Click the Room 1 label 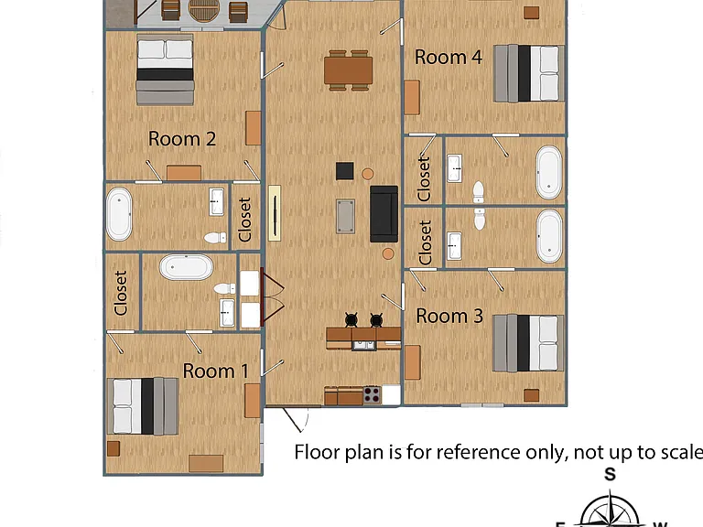(x=215, y=371)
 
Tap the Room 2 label (x=182, y=139)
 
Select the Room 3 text (x=449, y=316)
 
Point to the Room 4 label (x=449, y=57)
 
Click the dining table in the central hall (x=349, y=70)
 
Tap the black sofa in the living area (x=384, y=214)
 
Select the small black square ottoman (x=344, y=171)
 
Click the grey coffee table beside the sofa (x=345, y=217)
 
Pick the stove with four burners (x=372, y=395)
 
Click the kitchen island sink (x=364, y=345)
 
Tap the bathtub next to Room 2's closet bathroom (x=119, y=215)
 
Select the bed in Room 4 (x=528, y=73)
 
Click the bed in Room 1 (x=143, y=406)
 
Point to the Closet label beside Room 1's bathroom (x=121, y=293)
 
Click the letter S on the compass (x=610, y=474)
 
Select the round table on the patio (x=204, y=10)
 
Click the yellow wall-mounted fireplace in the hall (x=275, y=213)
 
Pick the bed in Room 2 (x=165, y=70)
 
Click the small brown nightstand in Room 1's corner (x=114, y=448)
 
